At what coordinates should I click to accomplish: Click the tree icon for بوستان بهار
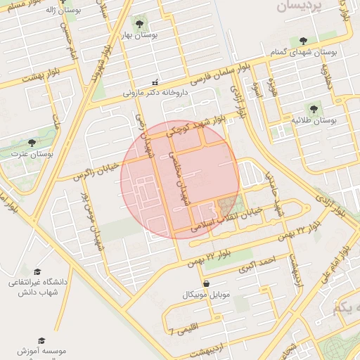143,22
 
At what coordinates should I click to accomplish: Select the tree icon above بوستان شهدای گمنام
303,41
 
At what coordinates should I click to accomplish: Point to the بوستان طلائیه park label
314,121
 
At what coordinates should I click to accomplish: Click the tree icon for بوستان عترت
32,142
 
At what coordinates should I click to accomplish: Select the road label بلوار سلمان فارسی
199,73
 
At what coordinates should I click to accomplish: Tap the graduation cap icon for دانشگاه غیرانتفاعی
37,271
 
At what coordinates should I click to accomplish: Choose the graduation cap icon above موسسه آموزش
41,340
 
